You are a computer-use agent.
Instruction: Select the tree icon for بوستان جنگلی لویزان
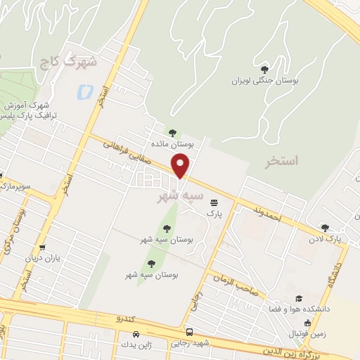(x=264, y=69)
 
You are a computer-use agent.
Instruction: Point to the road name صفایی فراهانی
(x=127, y=150)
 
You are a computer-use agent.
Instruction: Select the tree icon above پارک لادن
(x=325, y=227)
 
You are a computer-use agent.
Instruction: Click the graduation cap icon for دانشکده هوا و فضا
(x=300, y=299)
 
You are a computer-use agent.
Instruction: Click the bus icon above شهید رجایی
(x=189, y=331)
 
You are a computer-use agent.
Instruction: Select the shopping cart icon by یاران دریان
(x=44, y=247)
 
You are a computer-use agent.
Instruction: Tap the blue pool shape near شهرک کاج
(x=85, y=91)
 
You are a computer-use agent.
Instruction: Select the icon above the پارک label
(x=213, y=202)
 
